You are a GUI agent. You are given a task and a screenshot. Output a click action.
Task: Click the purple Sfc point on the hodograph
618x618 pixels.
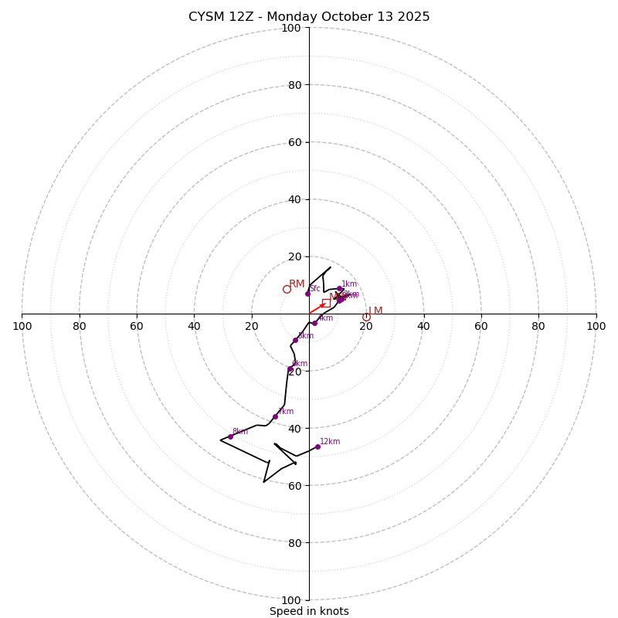(x=307, y=294)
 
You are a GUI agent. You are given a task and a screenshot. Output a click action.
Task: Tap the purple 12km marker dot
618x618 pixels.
(x=317, y=447)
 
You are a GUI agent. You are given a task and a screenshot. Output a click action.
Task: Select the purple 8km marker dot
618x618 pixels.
(x=230, y=436)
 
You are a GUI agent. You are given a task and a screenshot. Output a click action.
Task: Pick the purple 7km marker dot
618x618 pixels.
(x=275, y=416)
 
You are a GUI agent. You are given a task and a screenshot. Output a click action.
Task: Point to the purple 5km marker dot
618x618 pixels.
(x=295, y=340)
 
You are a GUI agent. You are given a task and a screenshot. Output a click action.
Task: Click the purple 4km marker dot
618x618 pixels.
(x=314, y=323)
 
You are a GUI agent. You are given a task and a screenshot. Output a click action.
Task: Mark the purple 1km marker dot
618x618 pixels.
(x=339, y=289)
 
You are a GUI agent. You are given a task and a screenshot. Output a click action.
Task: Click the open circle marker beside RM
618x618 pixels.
(x=287, y=290)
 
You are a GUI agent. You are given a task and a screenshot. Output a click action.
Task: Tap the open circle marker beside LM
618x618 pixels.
(x=366, y=317)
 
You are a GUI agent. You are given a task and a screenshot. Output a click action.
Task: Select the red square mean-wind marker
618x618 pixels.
(x=326, y=303)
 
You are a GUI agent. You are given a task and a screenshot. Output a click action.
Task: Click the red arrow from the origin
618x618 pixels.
(x=317, y=309)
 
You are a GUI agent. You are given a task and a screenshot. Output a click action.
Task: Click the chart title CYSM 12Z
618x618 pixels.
(x=309, y=17)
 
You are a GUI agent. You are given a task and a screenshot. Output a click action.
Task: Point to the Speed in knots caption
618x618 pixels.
(x=309, y=611)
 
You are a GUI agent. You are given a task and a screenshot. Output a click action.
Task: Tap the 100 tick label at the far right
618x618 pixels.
(x=596, y=326)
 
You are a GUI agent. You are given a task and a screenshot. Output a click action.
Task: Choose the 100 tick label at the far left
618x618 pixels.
(x=22, y=326)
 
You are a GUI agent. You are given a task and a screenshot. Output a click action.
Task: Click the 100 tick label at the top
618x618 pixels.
(x=291, y=28)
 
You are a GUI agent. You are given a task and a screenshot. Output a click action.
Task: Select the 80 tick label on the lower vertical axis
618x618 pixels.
(x=294, y=542)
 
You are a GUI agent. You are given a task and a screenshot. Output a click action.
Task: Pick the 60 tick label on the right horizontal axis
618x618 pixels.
(x=481, y=326)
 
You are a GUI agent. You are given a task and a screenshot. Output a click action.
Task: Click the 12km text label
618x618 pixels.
(x=330, y=442)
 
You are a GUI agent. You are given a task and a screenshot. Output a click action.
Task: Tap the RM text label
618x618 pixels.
(x=297, y=284)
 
